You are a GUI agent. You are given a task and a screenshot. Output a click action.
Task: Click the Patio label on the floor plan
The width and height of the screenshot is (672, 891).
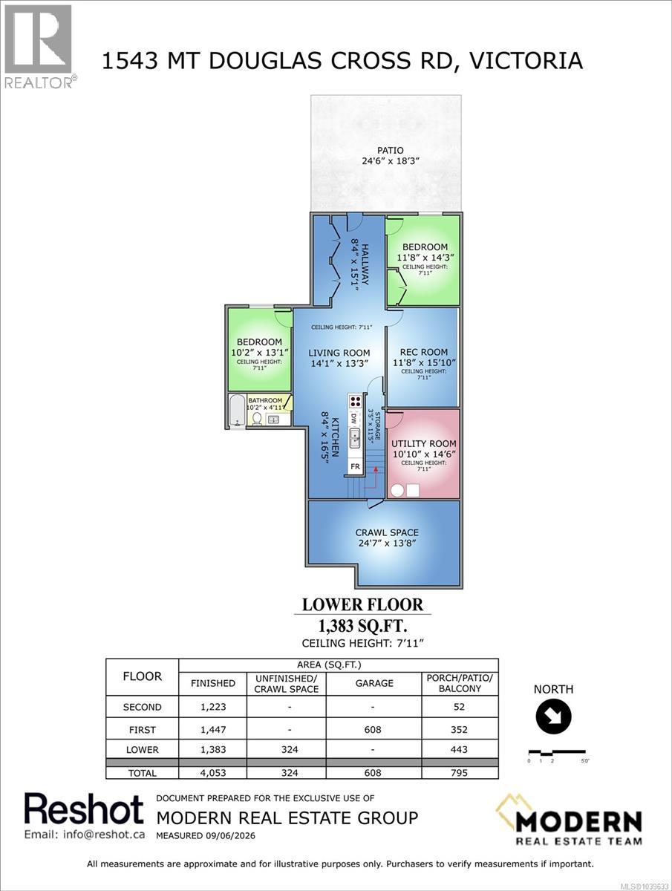pyautogui.click(x=390, y=150)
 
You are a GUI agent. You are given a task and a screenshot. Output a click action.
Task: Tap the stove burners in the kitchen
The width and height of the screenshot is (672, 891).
pyautogui.click(x=356, y=402)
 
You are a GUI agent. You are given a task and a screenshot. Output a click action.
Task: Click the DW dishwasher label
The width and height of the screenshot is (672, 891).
pyautogui.click(x=354, y=418)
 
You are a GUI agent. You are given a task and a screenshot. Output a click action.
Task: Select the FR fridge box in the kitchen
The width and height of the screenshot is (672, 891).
pyautogui.click(x=355, y=467)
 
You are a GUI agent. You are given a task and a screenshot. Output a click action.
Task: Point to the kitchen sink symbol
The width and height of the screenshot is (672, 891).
pyautogui.click(x=355, y=438)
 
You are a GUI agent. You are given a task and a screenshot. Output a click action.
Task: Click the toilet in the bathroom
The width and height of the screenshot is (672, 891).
pyautogui.click(x=257, y=418)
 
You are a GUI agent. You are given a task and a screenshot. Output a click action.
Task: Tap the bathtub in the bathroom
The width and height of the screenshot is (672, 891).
pyautogui.click(x=237, y=410)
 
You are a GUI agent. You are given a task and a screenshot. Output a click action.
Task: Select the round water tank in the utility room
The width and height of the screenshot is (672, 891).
pyautogui.click(x=397, y=490)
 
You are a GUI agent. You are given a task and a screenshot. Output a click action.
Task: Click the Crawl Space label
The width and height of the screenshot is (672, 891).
pyautogui.click(x=387, y=532)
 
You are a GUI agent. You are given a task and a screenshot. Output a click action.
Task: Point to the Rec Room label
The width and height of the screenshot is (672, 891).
pyautogui.click(x=424, y=352)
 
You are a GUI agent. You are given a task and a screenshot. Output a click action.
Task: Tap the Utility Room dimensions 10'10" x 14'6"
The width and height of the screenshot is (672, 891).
pyautogui.click(x=424, y=454)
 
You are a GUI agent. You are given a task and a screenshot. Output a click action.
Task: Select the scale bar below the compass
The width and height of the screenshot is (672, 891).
pyautogui.click(x=557, y=752)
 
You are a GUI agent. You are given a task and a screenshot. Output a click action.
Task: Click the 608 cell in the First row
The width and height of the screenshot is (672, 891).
pyautogui.click(x=373, y=729)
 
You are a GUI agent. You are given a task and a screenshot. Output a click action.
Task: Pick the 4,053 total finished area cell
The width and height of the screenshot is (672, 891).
pyautogui.click(x=213, y=773)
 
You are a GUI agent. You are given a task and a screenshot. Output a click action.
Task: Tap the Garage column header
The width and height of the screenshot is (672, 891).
pyautogui.click(x=374, y=683)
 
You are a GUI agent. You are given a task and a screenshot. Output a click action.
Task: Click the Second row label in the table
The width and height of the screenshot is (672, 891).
pyautogui.click(x=142, y=707)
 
